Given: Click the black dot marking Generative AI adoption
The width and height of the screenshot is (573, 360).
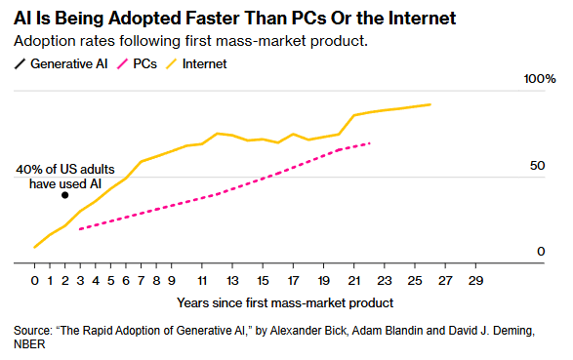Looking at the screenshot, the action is (64, 195).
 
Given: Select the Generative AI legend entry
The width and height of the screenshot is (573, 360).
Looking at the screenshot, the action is (61, 63).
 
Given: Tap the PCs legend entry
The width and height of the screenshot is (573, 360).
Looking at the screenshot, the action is (137, 63).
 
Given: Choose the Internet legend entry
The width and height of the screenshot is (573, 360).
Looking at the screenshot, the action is (196, 63).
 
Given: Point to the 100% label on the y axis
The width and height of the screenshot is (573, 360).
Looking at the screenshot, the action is (540, 79).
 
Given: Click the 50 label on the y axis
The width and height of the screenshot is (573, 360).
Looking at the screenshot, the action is (537, 166).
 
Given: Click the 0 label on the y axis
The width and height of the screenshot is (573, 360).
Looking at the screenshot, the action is (541, 251).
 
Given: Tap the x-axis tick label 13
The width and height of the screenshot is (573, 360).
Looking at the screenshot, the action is (232, 281).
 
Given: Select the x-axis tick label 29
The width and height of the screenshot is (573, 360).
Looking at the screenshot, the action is (475, 281).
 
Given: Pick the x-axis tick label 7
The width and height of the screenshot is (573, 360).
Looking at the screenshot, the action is (142, 281).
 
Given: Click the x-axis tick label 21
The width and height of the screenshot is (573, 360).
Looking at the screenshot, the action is (353, 281).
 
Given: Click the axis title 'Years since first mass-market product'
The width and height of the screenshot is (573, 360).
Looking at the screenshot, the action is (285, 303).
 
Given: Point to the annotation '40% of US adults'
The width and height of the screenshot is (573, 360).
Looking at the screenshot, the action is (65, 170).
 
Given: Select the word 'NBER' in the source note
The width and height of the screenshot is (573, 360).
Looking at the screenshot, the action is (29, 344).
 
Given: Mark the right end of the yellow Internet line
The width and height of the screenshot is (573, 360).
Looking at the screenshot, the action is (430, 104).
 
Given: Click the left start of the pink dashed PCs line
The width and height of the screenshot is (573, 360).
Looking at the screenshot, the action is (80, 229).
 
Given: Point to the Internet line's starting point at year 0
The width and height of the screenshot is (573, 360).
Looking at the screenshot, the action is (35, 247).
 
